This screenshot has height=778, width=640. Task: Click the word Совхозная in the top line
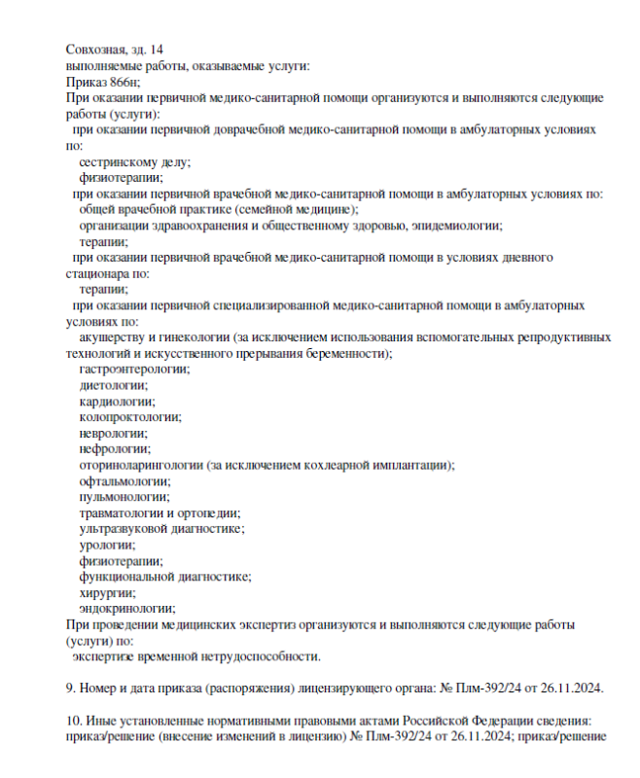coord(95,50)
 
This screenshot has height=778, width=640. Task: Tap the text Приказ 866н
coord(103,83)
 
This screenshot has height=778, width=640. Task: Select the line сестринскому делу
coord(134,161)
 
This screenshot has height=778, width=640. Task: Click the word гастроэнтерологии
coord(134,369)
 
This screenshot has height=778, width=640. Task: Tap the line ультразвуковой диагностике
coord(161,528)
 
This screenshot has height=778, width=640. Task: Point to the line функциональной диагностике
coord(165,576)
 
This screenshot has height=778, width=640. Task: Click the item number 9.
coord(69,689)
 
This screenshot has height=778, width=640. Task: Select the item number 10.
coord(73,721)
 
